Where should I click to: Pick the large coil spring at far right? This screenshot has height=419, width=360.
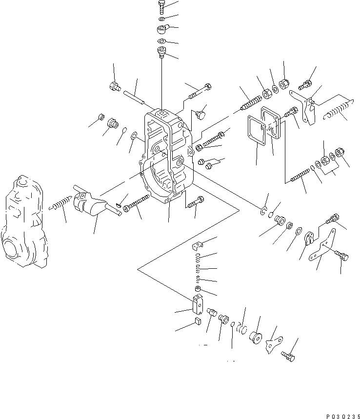[337, 110]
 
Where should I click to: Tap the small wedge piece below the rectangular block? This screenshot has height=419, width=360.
[197, 320]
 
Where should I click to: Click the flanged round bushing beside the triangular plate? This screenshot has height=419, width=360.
[255, 337]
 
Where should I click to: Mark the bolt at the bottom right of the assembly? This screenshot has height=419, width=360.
[288, 358]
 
